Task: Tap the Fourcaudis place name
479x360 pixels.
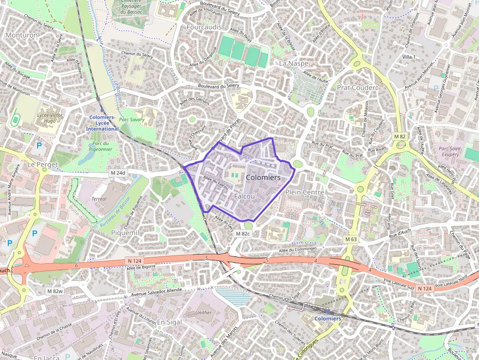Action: [x=204, y=27]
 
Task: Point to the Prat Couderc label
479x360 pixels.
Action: [x=358, y=87]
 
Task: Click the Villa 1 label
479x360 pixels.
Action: [x=409, y=57]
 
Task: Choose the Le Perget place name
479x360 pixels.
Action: [x=43, y=164]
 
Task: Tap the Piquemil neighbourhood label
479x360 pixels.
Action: [x=125, y=233]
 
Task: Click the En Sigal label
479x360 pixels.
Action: [x=169, y=322]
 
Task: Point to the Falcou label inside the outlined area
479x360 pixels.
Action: [x=244, y=196]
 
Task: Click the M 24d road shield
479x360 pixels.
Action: [x=118, y=173]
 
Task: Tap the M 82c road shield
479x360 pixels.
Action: [x=243, y=234]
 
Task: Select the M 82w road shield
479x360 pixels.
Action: [x=55, y=291]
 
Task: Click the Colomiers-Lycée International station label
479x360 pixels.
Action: [x=102, y=123]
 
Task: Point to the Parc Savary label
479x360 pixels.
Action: [x=131, y=119]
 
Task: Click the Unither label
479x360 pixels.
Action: [x=203, y=313]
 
